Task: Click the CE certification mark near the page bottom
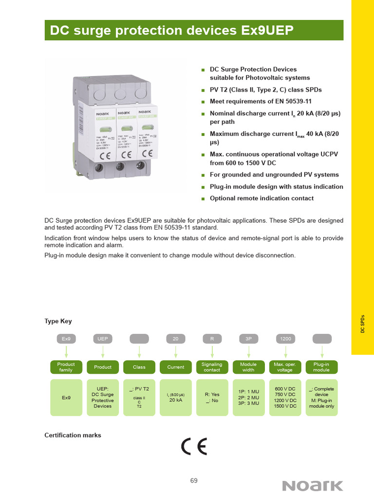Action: pos(194,446)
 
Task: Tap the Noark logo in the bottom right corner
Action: pos(313,485)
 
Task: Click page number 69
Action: pos(194,480)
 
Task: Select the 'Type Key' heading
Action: pos(58,322)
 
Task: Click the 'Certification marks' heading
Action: pos(73,435)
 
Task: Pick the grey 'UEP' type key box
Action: pos(102,339)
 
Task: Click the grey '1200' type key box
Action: pos(285,339)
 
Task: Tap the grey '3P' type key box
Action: pos(248,339)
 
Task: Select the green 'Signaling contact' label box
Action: pos(212,367)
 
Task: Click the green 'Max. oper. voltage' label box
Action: pos(285,367)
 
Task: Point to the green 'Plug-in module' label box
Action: pos(321,367)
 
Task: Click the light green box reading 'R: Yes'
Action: pos(212,397)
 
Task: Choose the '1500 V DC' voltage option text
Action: pos(285,406)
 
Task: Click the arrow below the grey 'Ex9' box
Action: pos(66,352)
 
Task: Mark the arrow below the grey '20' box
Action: pos(175,352)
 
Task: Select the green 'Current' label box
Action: pos(175,367)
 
